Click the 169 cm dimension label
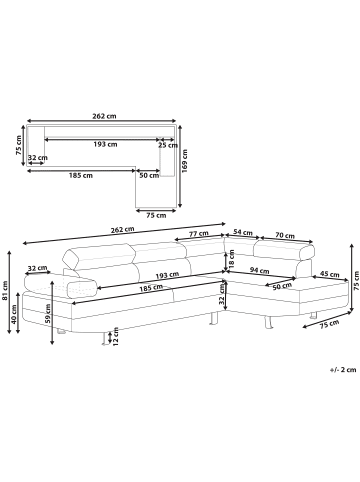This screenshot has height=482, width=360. pos(185,161)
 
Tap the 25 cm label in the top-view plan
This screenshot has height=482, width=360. pos(168,145)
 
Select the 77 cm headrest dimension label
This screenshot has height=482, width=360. pos(199,234)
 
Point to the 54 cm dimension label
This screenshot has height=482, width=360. pos(242,232)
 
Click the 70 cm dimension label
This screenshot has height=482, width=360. pos(285,236)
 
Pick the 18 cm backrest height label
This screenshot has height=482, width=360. pos(232,259)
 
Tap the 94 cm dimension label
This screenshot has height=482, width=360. pos(259,271)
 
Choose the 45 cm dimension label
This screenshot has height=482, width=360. pos(330,274)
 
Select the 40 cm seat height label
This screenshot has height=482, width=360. pos(13,314)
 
